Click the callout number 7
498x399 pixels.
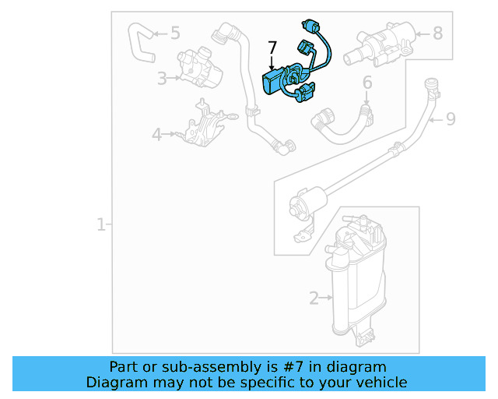pos(272,48)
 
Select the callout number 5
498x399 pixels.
pos(175,33)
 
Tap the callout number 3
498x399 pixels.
pos(161,78)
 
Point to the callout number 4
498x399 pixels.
pos(156,135)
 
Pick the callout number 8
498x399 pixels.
pos(437,33)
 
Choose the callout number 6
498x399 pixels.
pos(366,82)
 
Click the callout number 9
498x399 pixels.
pos(451,119)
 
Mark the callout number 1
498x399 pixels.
pos(100,225)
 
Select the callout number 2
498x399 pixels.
pos(314,297)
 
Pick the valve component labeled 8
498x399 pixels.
pos(381,43)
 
